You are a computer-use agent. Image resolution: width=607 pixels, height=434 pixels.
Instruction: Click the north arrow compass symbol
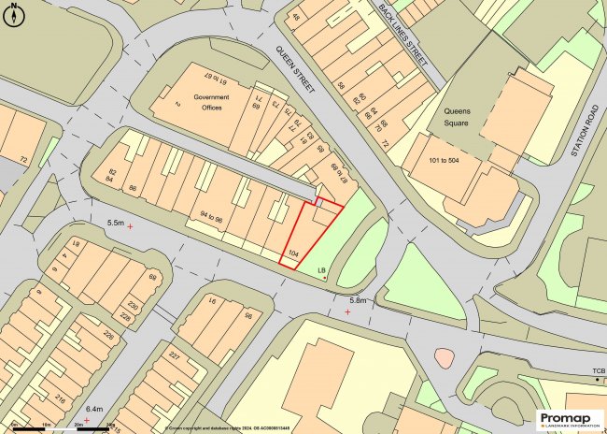13,11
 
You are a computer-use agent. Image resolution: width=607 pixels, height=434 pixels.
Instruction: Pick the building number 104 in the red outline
293,253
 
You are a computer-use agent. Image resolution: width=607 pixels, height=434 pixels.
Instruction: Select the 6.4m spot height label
94,410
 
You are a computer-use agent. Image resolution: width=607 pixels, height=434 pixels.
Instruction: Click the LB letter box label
321,271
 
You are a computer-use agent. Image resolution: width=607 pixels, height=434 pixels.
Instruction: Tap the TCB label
598,373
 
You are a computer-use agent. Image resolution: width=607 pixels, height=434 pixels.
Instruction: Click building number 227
174,355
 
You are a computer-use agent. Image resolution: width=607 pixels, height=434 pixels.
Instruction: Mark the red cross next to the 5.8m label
348,311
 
